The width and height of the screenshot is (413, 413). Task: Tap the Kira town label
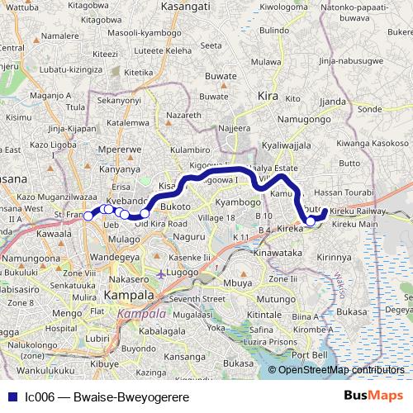coord(268,95)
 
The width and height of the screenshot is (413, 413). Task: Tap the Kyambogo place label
coord(230,202)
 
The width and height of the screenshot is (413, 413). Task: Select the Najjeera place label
coord(233,128)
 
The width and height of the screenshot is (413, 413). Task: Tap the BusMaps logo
coord(373,396)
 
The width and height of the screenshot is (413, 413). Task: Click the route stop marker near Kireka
coord(311,221)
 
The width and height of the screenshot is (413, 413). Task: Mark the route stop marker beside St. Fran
coord(87,216)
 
